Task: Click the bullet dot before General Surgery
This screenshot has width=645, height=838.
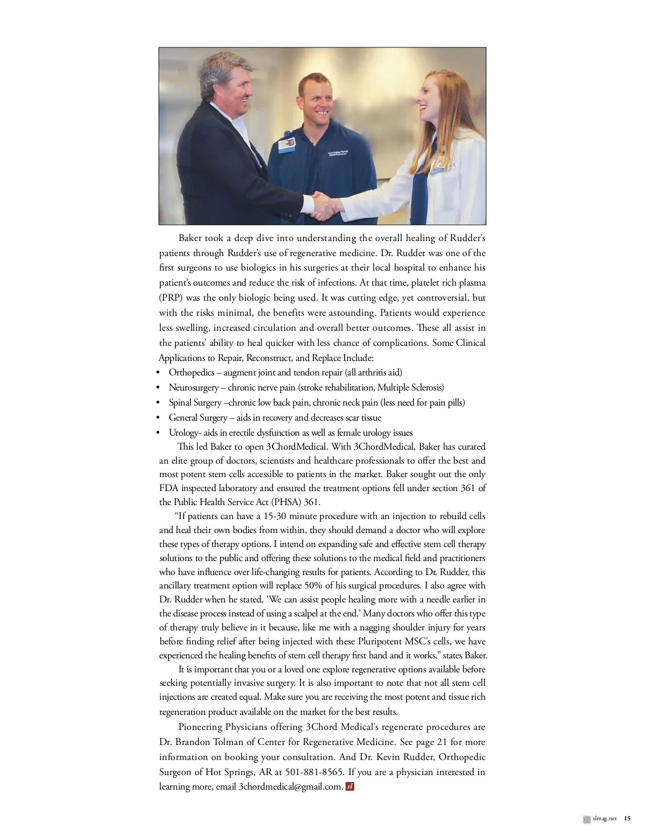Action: coord(158,418)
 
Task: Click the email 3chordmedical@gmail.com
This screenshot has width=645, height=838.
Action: coord(290,786)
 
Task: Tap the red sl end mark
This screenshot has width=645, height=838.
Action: coord(350,786)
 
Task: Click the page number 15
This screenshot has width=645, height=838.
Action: coord(627,819)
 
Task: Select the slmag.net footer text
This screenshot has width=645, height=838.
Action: coord(605,819)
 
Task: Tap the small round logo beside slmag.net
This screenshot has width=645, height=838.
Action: coord(586,819)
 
